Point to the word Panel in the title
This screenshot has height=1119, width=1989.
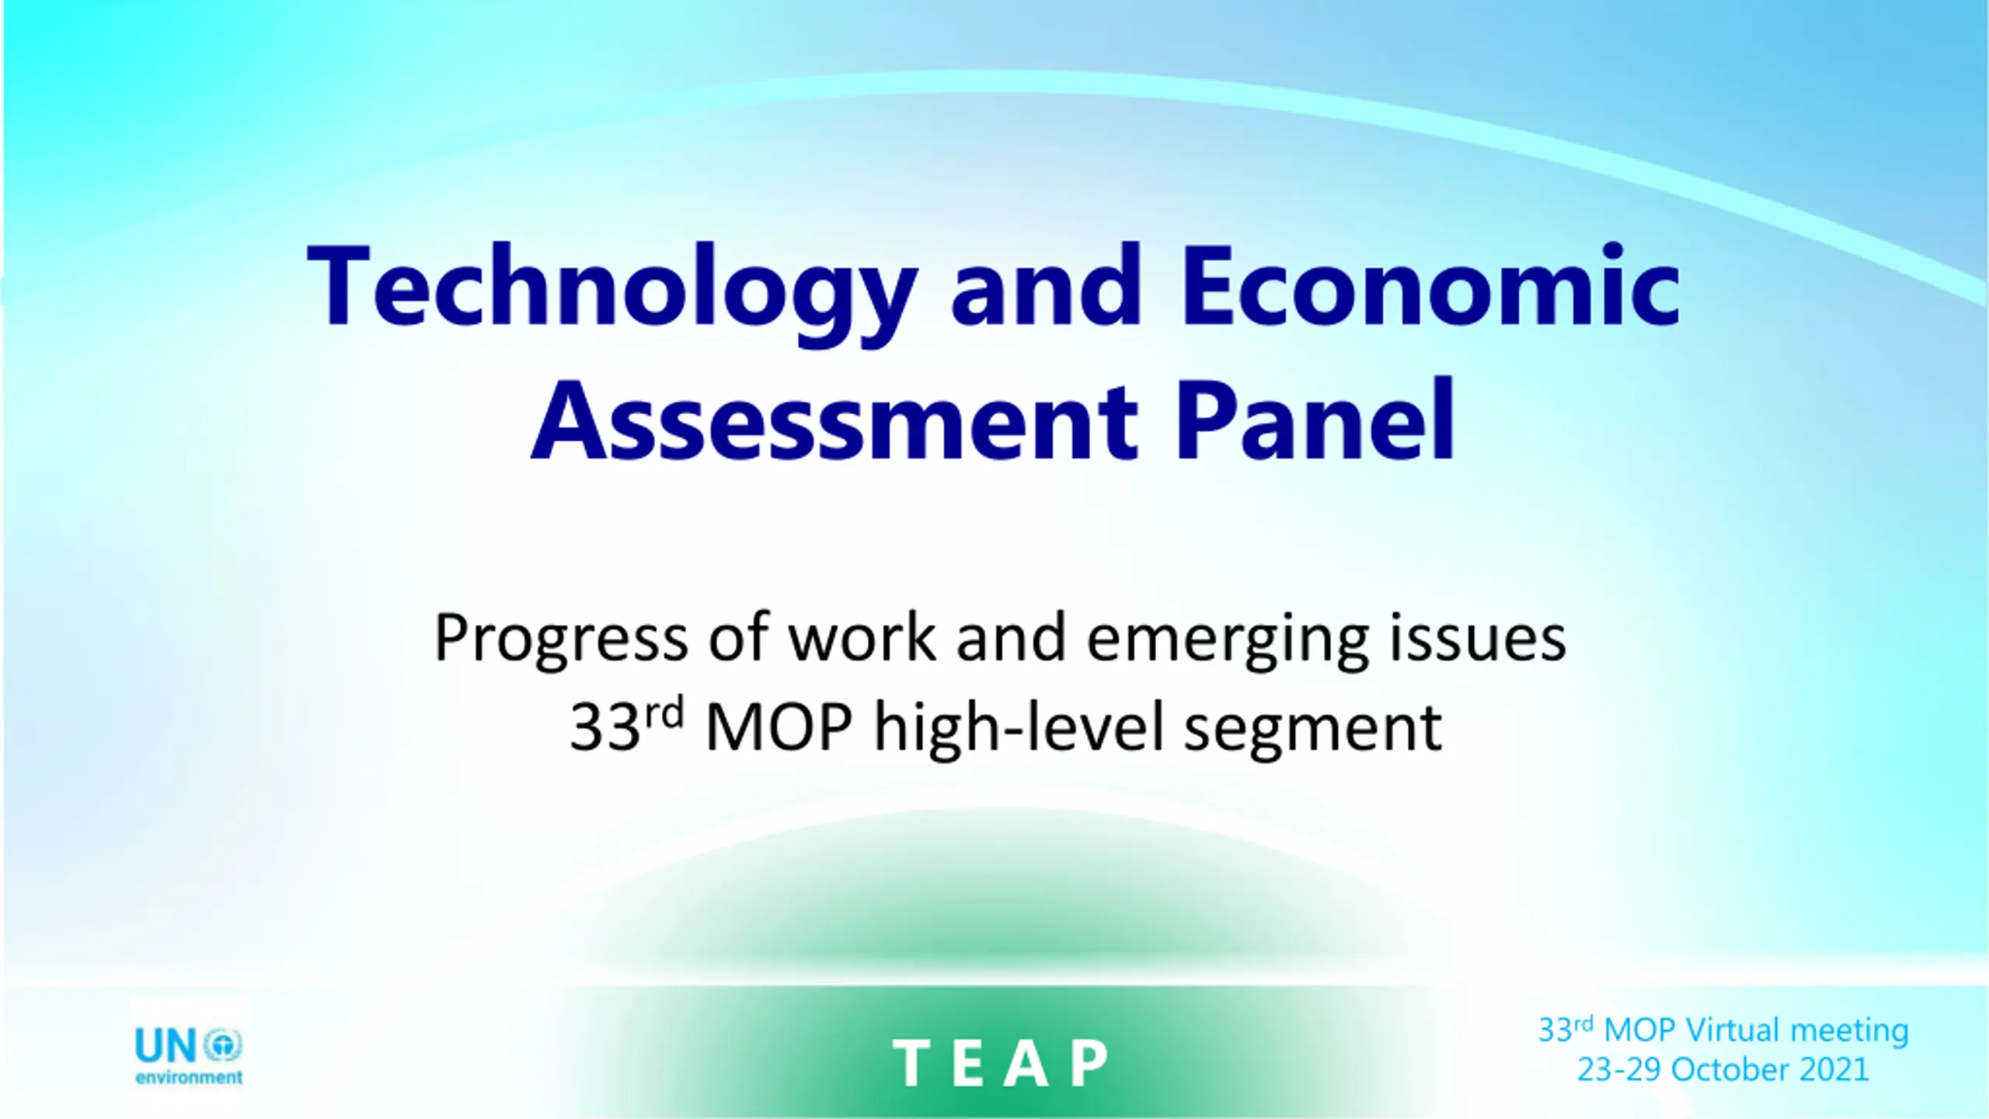coord(1315,420)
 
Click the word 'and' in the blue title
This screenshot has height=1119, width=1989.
coord(1047,284)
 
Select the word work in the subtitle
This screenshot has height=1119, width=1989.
coord(862,637)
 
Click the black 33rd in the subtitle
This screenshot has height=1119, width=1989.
coord(627,726)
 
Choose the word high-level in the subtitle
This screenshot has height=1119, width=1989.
coord(1019,729)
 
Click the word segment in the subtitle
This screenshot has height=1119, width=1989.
coord(1313,732)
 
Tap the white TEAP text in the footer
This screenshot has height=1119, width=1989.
coord(1001,1063)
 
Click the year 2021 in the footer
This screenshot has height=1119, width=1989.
coord(1834,1070)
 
